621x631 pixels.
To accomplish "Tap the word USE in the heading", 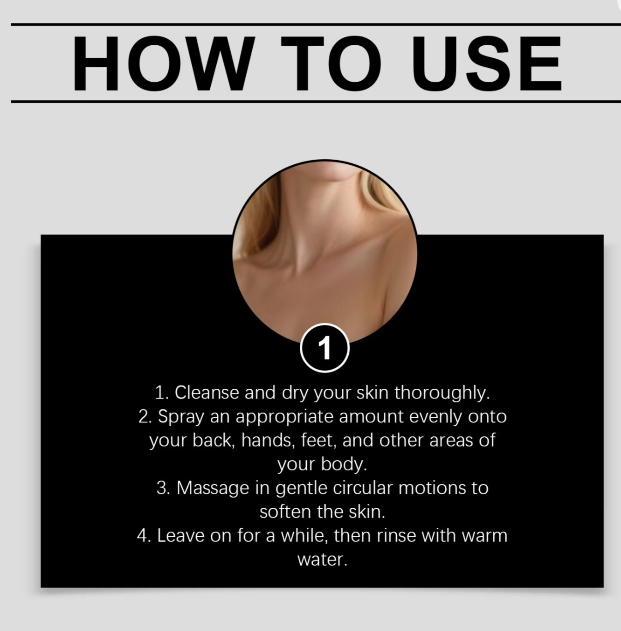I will (487, 63).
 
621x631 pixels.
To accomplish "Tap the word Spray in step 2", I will (181, 417).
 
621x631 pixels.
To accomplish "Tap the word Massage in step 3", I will (213, 488).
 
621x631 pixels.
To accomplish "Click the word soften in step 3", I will (285, 512).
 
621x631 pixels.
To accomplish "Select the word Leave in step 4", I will (181, 536).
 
